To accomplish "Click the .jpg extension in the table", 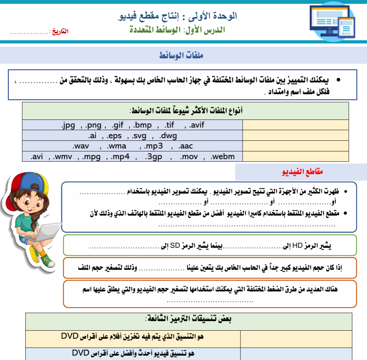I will pos(68,125).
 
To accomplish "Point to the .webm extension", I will pos(223,157).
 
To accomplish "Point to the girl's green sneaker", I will pos(47,261).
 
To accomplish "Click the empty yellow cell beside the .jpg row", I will pos(295,125).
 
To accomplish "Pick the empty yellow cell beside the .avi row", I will pos(295,157).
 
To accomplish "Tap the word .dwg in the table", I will pos(168,136).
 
